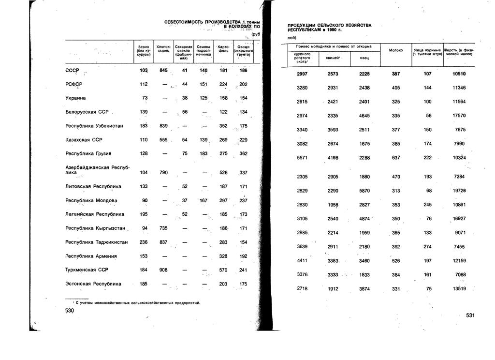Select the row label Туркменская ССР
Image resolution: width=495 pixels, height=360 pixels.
tap(87, 270)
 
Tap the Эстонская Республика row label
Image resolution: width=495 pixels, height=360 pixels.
tap(93, 284)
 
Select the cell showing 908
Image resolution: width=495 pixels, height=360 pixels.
tap(163, 270)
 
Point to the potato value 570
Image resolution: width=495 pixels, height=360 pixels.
tap(223, 270)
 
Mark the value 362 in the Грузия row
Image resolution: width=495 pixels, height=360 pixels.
tap(243, 154)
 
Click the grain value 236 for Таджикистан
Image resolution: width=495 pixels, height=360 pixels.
tap(144, 242)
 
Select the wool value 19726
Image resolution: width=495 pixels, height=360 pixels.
tap(459, 190)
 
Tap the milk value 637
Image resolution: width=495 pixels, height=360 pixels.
tap(396, 157)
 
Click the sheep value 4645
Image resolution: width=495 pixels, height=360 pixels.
tap(364, 116)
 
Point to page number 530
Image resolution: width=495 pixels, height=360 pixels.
tap(69, 312)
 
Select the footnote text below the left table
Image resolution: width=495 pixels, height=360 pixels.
tap(133, 302)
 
